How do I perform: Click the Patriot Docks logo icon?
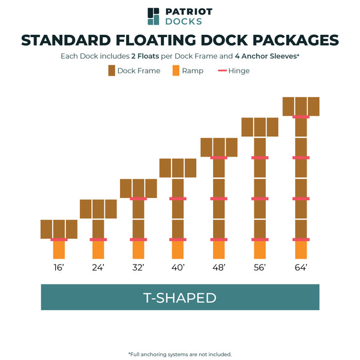tap(154, 16)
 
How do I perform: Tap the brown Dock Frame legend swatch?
tap(111, 71)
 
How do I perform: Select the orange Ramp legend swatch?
tap(176, 71)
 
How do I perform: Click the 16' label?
tap(59, 267)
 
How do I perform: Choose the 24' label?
tap(98, 267)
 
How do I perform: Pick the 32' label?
tap(139, 267)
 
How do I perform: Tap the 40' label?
tap(178, 267)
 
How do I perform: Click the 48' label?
tap(219, 267)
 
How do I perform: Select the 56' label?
tap(260, 267)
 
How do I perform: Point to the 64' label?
tap(301, 267)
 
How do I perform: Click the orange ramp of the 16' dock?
tap(59, 250)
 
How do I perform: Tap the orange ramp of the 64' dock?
tap(301, 250)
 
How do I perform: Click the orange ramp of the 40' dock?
tap(178, 250)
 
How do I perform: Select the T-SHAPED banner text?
tap(179, 298)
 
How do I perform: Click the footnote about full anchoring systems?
tap(179, 354)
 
